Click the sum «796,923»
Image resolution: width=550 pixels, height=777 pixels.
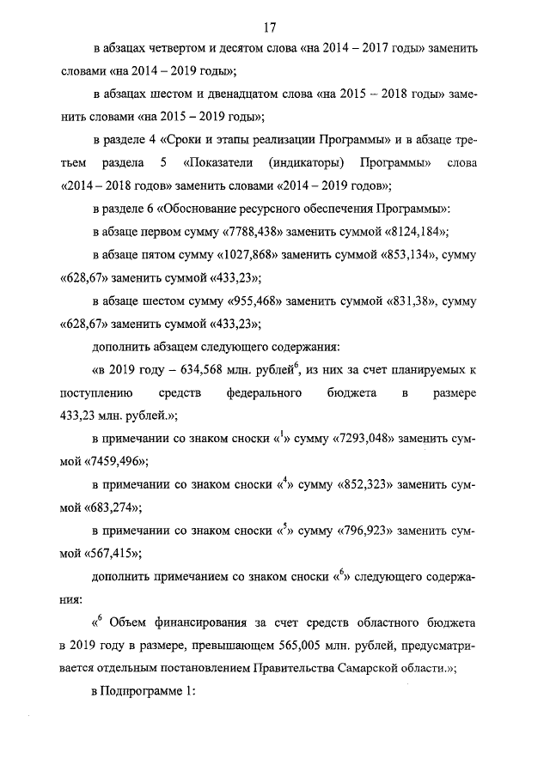pyautogui.click(x=361, y=533)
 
